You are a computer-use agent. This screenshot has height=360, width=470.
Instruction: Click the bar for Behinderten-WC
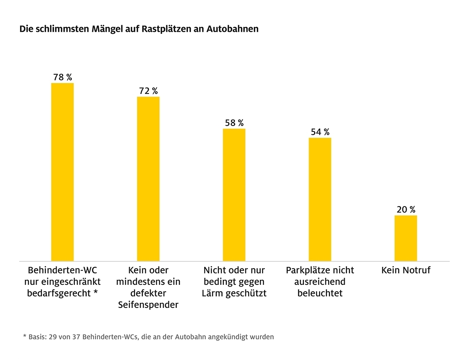(x=62, y=172)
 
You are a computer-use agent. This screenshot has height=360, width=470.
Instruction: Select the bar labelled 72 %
(x=148, y=178)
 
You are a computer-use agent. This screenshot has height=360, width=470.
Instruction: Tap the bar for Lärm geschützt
(x=234, y=194)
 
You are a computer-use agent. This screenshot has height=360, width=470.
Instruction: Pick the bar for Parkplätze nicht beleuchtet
(x=320, y=199)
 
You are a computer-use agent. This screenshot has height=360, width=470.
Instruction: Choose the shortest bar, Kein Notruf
(x=406, y=238)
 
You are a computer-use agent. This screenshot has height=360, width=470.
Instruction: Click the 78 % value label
(x=63, y=77)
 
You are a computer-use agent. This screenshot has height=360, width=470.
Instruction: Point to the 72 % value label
(x=148, y=91)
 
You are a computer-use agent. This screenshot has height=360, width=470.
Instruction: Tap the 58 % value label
(x=234, y=123)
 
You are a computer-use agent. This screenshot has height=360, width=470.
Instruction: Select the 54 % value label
(x=320, y=132)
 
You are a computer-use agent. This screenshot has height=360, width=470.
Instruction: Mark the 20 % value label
(x=406, y=210)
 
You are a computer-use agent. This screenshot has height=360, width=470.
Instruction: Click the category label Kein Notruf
(x=406, y=270)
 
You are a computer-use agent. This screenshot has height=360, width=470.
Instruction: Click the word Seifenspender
(x=148, y=305)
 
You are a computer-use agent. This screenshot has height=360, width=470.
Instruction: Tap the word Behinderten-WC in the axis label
(x=62, y=270)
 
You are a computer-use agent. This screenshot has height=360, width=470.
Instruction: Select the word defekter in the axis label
(x=148, y=293)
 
